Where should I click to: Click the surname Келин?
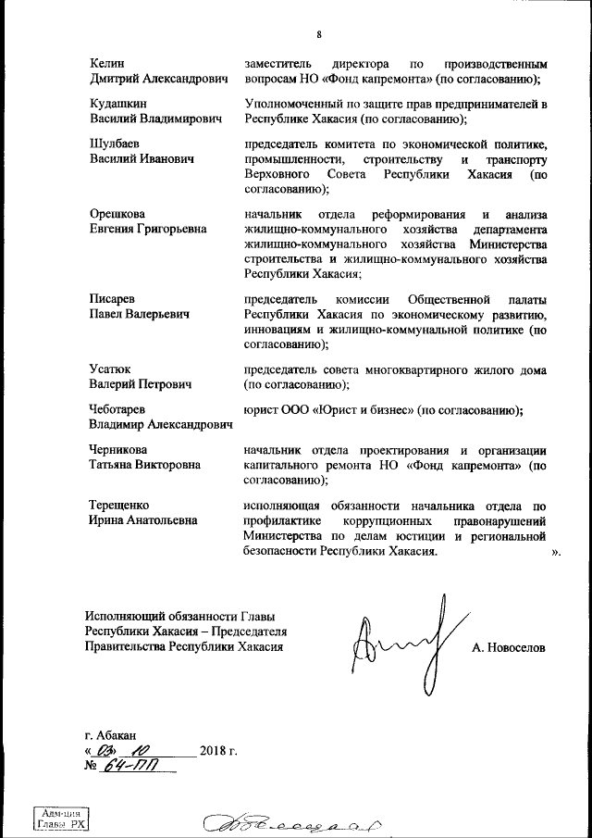coord(106,64)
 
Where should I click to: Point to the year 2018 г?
coord(218,750)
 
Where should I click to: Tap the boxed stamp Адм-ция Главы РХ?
coord(61,818)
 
